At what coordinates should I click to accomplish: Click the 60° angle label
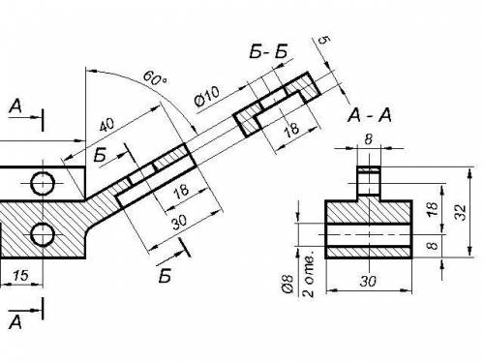point(155,78)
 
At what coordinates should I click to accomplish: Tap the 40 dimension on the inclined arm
point(106,125)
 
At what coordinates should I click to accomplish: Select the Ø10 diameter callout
point(207,96)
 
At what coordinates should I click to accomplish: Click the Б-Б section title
point(268,51)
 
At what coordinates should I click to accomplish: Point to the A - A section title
point(370,115)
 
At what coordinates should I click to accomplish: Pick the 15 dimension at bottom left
point(20,275)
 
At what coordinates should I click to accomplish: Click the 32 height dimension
point(462,213)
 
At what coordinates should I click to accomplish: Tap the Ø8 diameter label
point(287,284)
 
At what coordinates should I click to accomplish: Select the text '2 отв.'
point(309,274)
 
